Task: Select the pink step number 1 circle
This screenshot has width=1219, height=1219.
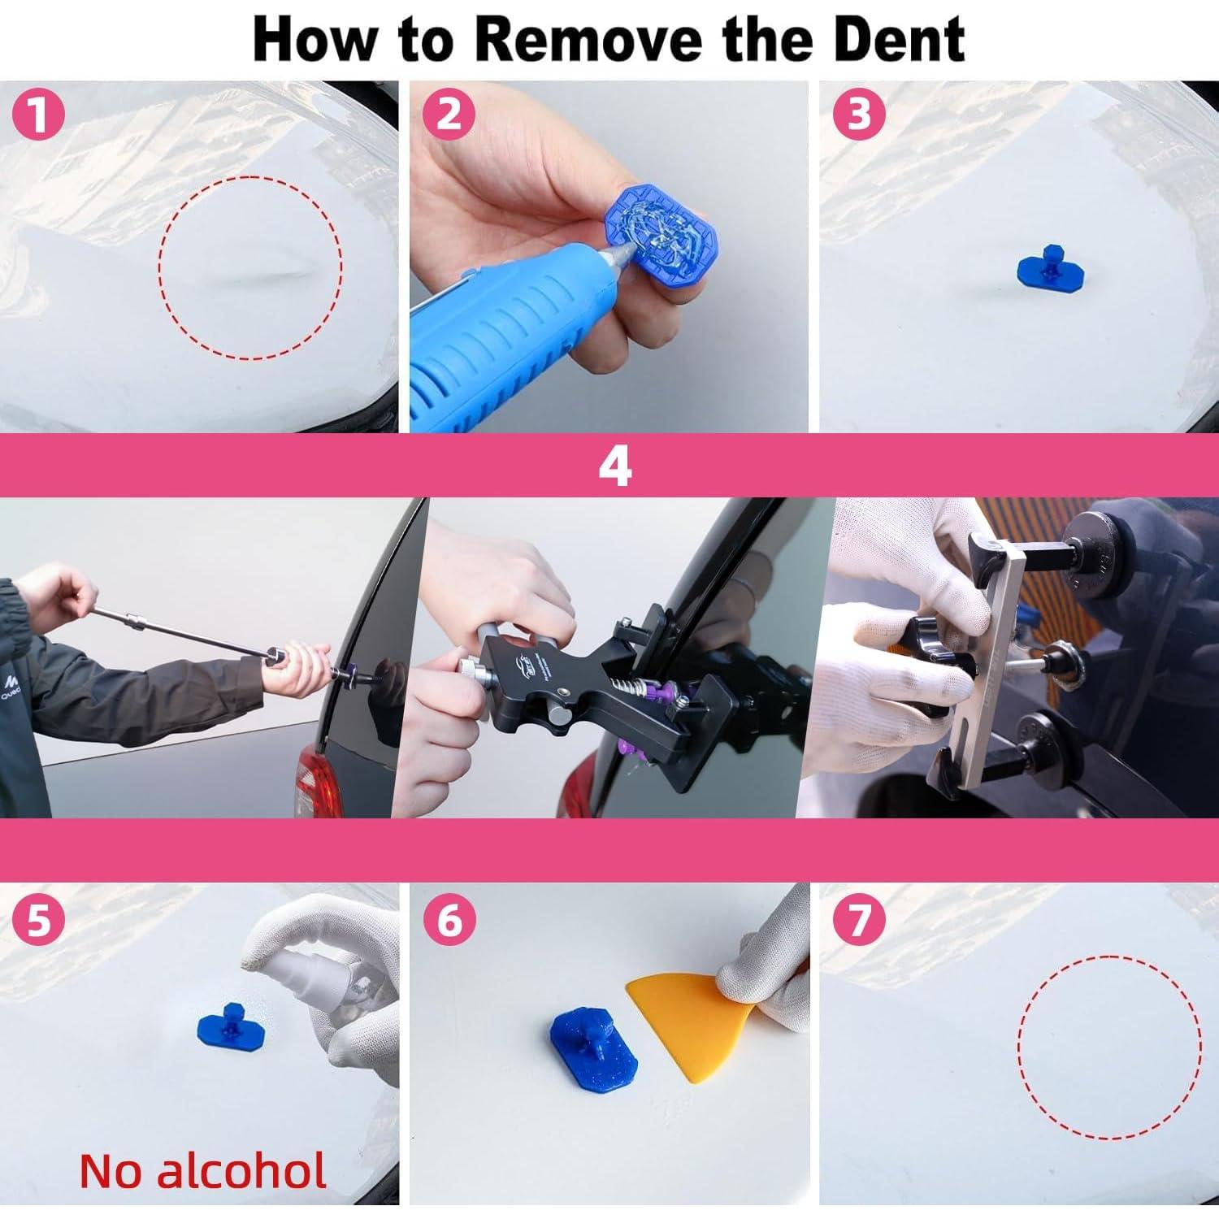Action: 38,115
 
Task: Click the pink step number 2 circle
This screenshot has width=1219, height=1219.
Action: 449,115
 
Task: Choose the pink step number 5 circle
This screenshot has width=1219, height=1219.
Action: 38,921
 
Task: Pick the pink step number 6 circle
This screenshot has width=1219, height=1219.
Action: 449,921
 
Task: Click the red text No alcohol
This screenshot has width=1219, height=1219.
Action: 203,1171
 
